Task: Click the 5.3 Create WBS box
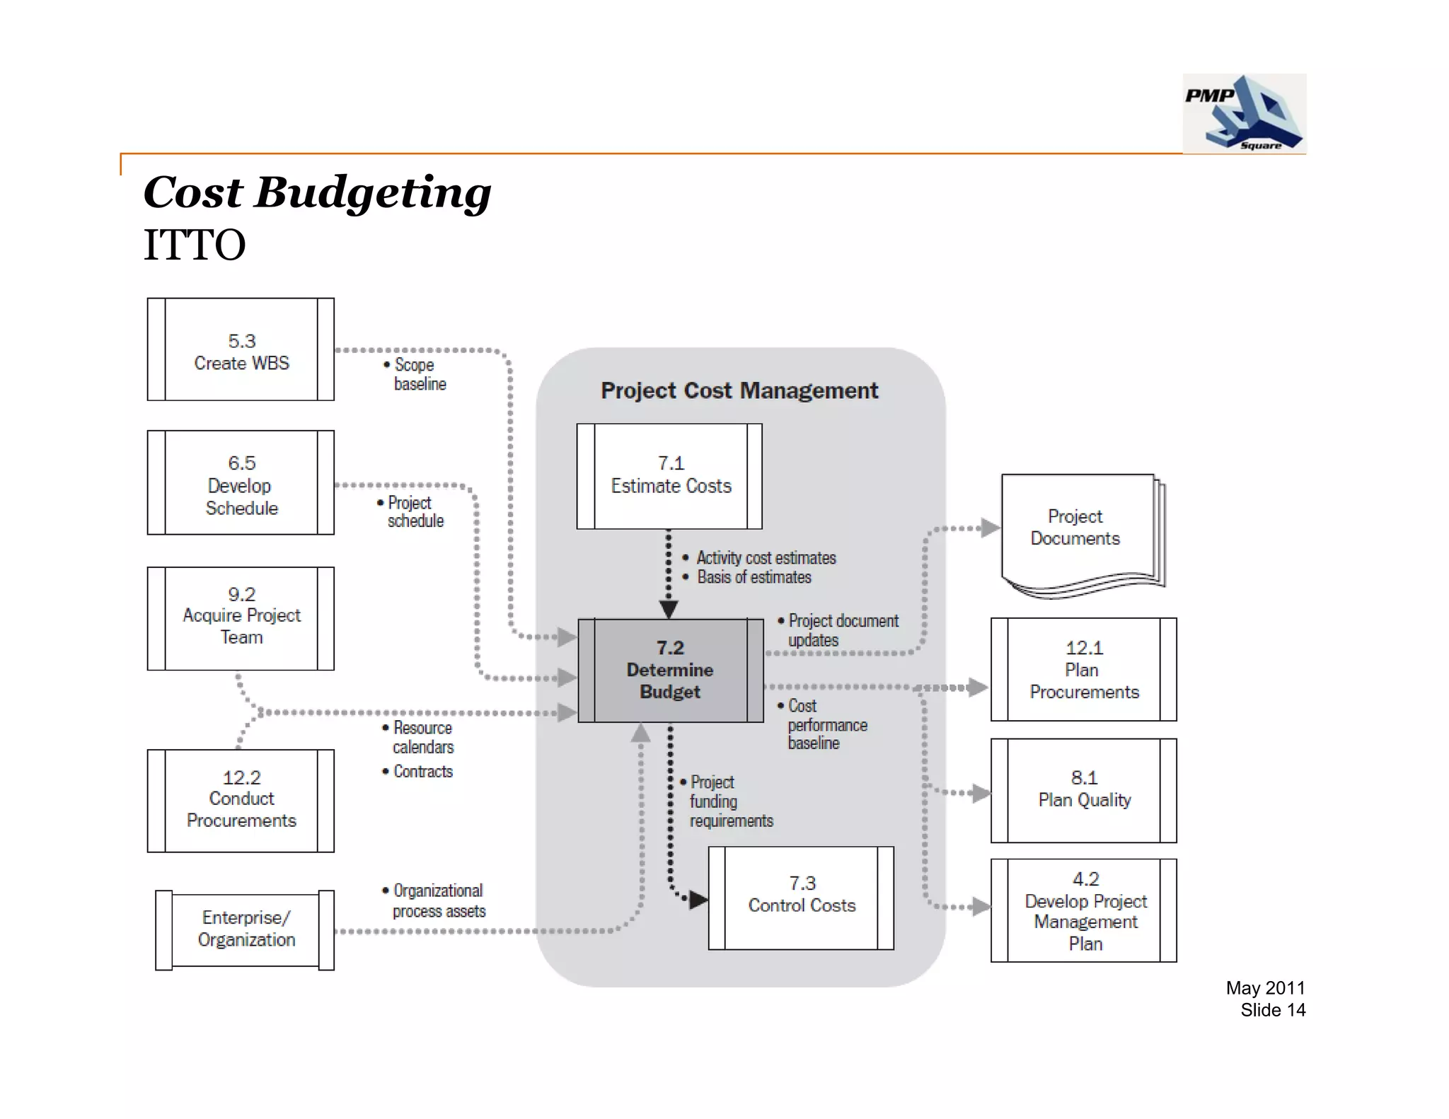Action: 241,350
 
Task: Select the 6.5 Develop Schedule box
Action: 241,484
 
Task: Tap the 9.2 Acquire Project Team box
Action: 241,617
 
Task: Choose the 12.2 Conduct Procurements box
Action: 241,800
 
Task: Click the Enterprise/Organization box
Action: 245,929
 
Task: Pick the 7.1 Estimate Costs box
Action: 669,475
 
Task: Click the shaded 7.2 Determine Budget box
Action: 670,670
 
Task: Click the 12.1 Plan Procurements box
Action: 1083,669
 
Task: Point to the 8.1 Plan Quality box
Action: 1083,790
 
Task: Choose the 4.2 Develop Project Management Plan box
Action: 1083,910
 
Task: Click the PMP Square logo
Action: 1244,113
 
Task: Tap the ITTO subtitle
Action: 195,245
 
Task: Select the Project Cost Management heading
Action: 739,390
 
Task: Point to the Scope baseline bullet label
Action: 417,374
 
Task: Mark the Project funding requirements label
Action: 729,801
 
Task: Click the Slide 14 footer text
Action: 1272,1010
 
